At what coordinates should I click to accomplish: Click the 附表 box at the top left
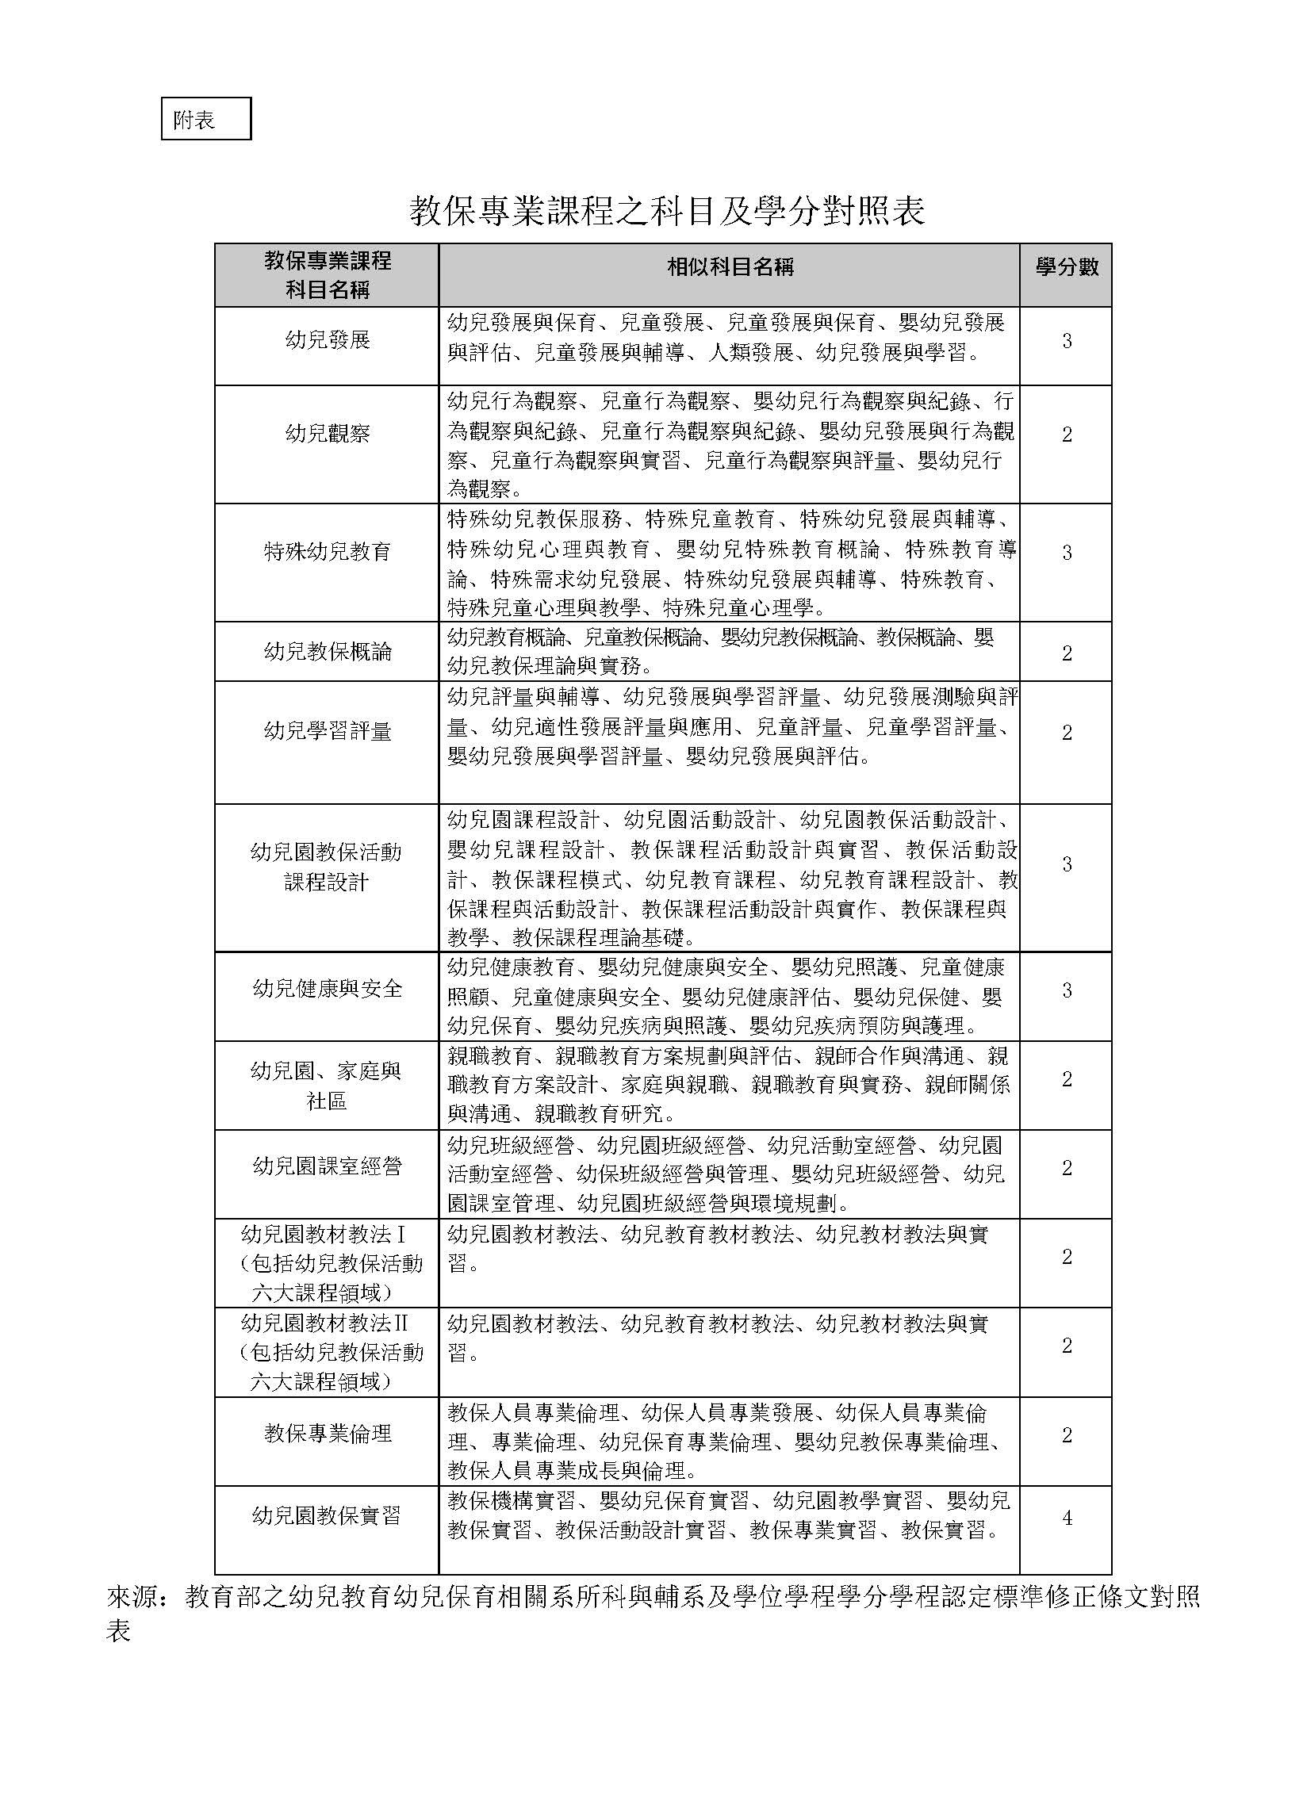(x=205, y=119)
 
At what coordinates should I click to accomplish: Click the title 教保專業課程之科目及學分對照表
(x=667, y=211)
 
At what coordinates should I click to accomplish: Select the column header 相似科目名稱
(x=730, y=267)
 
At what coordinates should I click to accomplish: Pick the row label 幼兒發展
(x=328, y=340)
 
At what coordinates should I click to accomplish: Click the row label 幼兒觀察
(x=328, y=434)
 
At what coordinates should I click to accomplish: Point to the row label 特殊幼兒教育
(x=328, y=552)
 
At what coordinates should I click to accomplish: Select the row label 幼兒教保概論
(x=328, y=651)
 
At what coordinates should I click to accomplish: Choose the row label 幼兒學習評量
(x=328, y=730)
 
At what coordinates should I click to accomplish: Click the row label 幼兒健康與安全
(x=328, y=989)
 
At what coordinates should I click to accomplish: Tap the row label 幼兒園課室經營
(x=328, y=1166)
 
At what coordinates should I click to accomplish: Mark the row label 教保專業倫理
(x=328, y=1433)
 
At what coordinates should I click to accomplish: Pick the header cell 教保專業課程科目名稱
(x=328, y=275)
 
